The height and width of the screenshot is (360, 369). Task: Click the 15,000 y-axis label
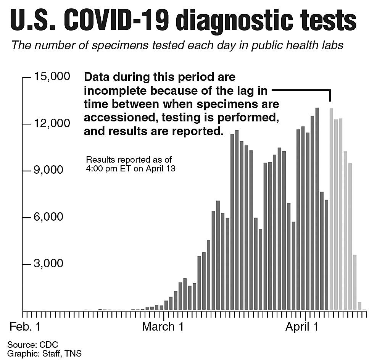pos(52,77)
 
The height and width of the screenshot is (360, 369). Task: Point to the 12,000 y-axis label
pos(52,124)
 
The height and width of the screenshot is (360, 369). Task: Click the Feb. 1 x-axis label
pos(24,327)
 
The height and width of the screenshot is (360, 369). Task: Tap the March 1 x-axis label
pos(163,327)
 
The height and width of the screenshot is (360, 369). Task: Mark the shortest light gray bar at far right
pos(359,306)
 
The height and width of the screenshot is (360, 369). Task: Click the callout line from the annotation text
pos(301,91)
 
